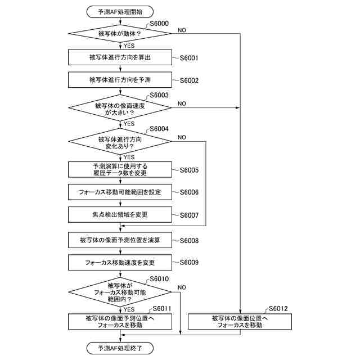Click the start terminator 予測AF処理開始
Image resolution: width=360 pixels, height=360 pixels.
pos(119,11)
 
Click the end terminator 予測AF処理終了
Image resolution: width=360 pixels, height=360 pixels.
pos(119,348)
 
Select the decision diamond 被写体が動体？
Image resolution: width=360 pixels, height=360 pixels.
pos(119,34)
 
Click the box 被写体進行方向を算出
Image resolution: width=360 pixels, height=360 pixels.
pos(119,57)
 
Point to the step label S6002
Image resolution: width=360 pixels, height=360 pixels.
pos(188,80)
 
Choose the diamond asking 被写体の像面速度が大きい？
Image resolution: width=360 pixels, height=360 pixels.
pos(119,107)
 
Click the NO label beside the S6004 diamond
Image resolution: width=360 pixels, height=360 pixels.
pos(182,137)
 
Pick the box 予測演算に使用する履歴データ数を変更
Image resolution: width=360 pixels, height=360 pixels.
pos(119,169)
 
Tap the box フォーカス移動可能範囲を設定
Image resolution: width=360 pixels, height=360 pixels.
pos(119,192)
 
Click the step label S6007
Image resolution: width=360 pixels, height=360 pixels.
pos(188,215)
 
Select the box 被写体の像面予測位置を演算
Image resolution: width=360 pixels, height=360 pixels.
pos(119,240)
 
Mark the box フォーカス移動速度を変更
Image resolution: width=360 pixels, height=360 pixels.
pos(119,262)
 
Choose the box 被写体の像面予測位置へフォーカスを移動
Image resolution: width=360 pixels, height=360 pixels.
pos(119,321)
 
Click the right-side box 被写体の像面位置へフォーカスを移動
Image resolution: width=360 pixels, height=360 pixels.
pos(240,321)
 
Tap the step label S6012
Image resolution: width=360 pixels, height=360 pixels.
pos(278,308)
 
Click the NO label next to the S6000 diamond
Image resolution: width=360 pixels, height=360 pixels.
pos(182,29)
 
